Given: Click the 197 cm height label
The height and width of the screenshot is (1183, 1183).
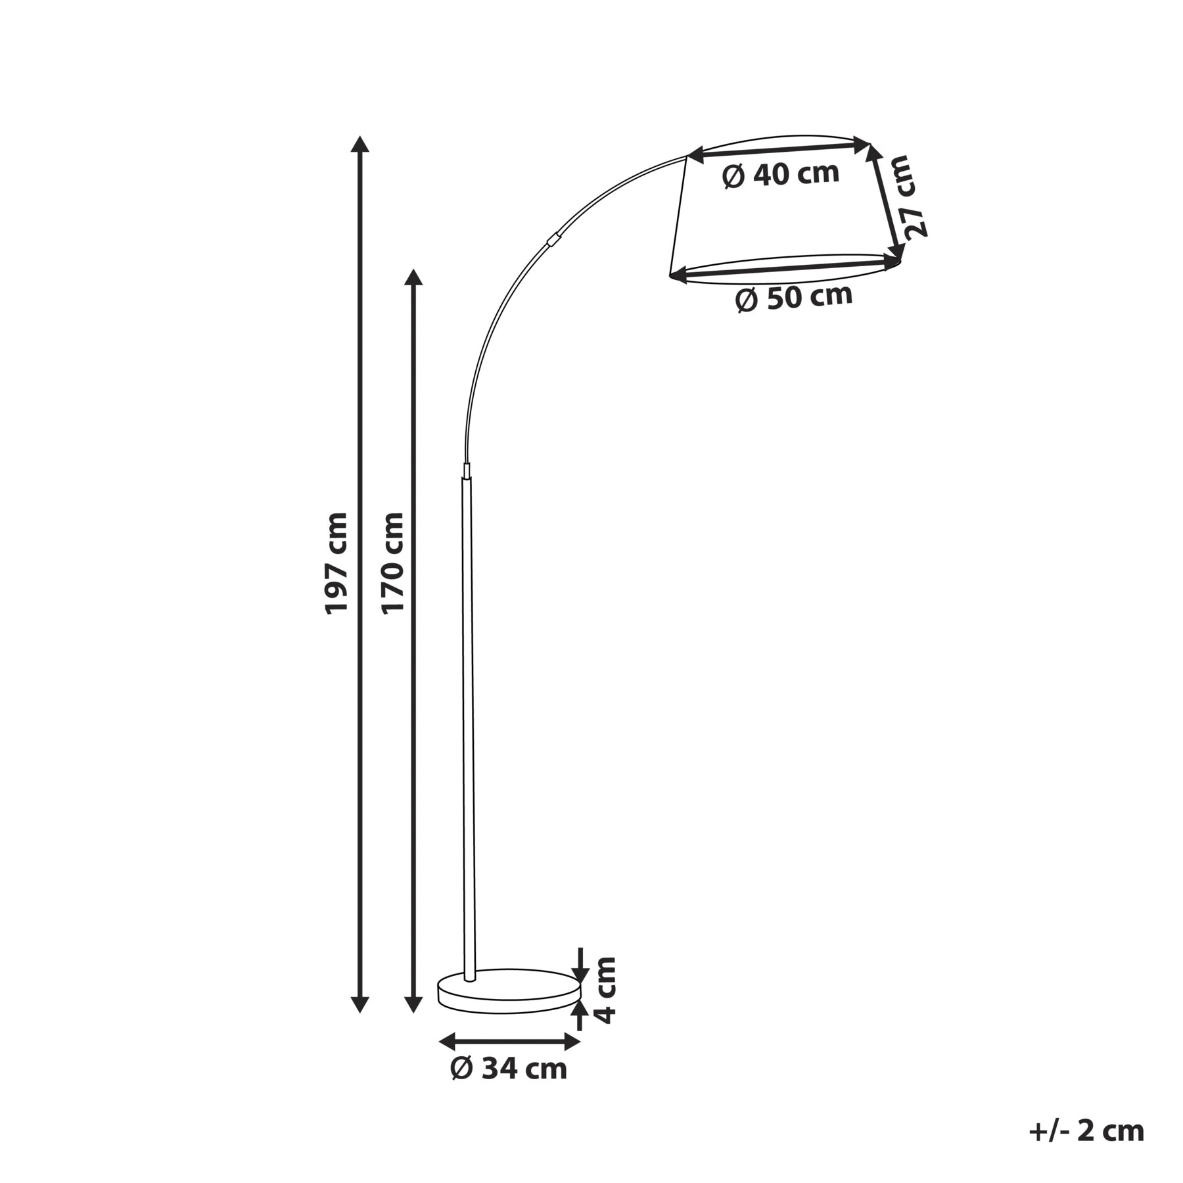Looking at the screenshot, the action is pyautogui.click(x=336, y=563).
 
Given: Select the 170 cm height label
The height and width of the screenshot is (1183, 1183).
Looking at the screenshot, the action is pyautogui.click(x=393, y=563).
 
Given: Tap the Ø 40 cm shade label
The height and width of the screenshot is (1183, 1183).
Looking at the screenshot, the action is pyautogui.click(x=781, y=174).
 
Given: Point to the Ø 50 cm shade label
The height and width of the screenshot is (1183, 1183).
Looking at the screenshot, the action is pyautogui.click(x=794, y=298).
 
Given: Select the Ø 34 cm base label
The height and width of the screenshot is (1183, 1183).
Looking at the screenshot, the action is pyautogui.click(x=509, y=1069).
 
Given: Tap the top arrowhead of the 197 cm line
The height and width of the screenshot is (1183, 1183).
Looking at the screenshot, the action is pyautogui.click(x=360, y=144).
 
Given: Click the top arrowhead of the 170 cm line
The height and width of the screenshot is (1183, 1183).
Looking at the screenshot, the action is pyautogui.click(x=413, y=277).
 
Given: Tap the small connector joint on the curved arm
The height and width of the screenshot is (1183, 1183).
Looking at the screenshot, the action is pyautogui.click(x=555, y=238).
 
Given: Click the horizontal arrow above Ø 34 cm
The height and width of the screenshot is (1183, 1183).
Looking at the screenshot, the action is pyautogui.click(x=510, y=1041).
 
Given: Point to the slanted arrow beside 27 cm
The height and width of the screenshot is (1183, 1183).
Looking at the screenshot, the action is pyautogui.click(x=884, y=201).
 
